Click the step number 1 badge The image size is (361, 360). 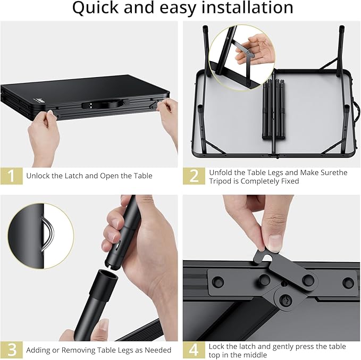(12, 176)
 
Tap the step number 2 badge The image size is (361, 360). (194, 176)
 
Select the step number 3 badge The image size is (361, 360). (12, 349)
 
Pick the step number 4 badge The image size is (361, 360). (194, 349)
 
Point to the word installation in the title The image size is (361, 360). (244, 8)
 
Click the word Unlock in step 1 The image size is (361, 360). (38, 176)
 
